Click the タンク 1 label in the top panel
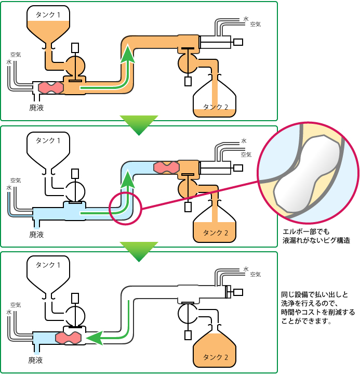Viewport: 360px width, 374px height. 48,15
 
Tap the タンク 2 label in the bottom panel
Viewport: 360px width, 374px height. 216,357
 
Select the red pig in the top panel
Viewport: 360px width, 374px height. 50,87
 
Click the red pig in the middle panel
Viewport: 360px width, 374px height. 166,167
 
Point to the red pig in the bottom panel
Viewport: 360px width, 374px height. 69,338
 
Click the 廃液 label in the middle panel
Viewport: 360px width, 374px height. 36,235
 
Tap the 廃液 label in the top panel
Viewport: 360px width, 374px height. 36,108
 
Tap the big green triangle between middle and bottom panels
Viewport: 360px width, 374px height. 139,251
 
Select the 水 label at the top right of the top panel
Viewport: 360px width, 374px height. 246,19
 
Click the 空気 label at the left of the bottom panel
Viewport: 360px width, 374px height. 16,305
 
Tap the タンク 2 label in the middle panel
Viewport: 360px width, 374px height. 216,233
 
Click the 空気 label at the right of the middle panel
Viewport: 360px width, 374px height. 246,154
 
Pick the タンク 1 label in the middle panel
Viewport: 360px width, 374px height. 48,140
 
